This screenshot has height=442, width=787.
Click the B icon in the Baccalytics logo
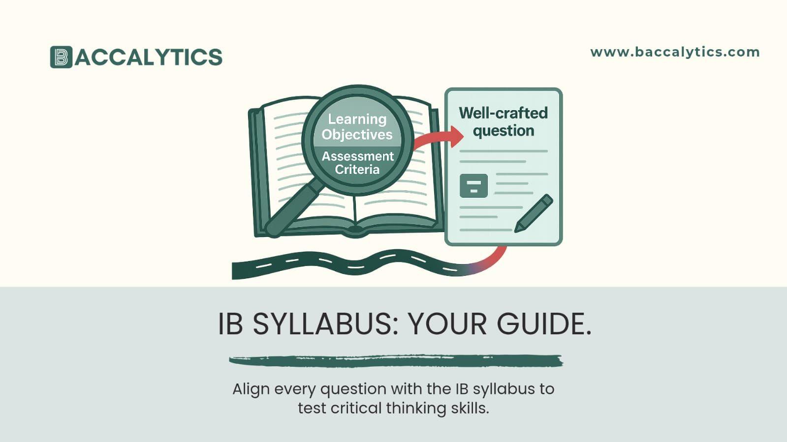pyautogui.click(x=61, y=57)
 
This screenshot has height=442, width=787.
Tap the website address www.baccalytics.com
pyautogui.click(x=675, y=52)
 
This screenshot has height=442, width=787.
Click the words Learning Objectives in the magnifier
pyautogui.click(x=357, y=127)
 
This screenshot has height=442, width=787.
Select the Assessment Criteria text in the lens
pyautogui.click(x=358, y=163)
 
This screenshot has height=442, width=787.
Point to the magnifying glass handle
pyautogui.click(x=293, y=206)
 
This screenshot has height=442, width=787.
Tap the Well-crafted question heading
pyautogui.click(x=503, y=121)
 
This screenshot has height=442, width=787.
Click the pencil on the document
pyautogui.click(x=534, y=213)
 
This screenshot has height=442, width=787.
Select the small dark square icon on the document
pyautogui.click(x=473, y=186)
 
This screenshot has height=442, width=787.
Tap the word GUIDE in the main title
pyautogui.click(x=544, y=324)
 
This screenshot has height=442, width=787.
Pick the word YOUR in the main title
pyautogui.click(x=447, y=324)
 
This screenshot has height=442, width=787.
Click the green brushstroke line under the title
pyautogui.click(x=396, y=361)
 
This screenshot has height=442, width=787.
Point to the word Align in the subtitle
pyautogui.click(x=251, y=389)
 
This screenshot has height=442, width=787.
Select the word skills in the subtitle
pyautogui.click(x=470, y=408)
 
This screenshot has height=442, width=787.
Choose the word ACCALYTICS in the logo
pyautogui.click(x=149, y=57)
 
